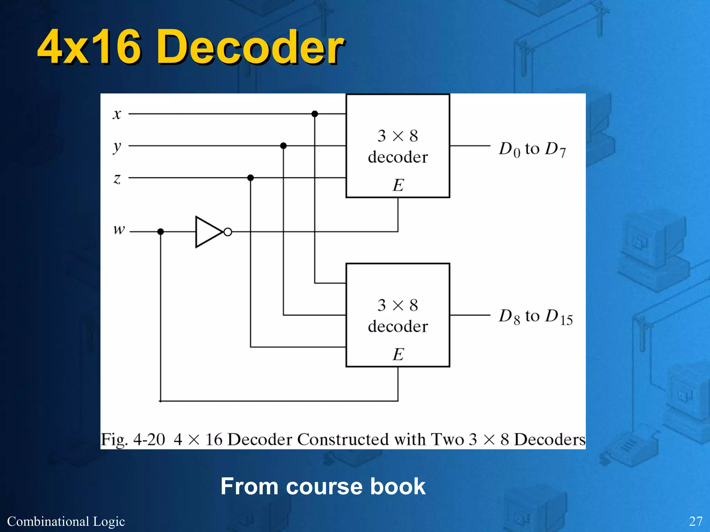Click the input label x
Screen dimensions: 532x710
[x=117, y=114]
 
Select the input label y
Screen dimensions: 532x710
[x=117, y=147]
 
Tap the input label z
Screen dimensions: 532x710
[x=117, y=179]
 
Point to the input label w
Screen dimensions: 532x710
[x=119, y=229]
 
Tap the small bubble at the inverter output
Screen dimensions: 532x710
[x=228, y=232]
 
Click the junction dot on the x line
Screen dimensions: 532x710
[x=315, y=114]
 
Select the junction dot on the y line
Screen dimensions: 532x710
[x=283, y=146]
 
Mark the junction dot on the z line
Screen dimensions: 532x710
[x=251, y=178]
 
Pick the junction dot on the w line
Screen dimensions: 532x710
[x=161, y=231]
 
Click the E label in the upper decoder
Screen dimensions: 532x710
[x=398, y=185]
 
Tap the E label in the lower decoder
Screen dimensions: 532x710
[x=398, y=354]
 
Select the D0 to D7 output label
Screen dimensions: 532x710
[x=532, y=149]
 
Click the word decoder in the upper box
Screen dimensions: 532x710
[x=398, y=157]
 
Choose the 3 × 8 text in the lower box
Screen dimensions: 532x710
[x=398, y=305]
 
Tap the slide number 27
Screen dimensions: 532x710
[x=695, y=521]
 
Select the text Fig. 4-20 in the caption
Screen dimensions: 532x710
[x=133, y=440]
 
